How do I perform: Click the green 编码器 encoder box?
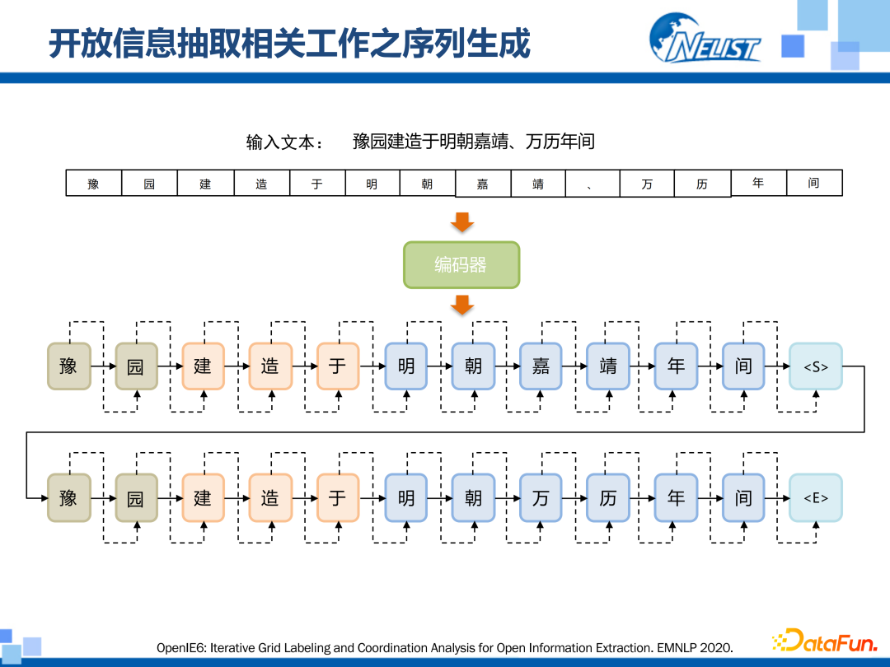pos(461,265)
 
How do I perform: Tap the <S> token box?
pos(815,366)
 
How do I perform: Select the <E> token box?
pos(815,497)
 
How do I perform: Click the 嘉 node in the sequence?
pos(541,366)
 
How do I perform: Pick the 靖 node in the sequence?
pos(608,366)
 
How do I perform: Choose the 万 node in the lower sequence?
pos(541,497)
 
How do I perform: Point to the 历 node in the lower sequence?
pos(608,497)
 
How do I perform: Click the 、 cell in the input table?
pos(592,184)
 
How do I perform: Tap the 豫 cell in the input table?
pos(94,183)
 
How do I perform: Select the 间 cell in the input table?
pos(814,182)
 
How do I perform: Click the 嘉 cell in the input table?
pos(483,184)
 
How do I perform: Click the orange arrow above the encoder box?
pos(462,221)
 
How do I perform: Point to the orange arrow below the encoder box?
pos(462,306)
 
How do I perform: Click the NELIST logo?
pos(705,38)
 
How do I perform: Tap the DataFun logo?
pos(824,641)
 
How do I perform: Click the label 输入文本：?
pos(285,142)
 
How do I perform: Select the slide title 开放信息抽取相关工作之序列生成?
pos(289,44)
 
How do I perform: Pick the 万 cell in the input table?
pos(647,184)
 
